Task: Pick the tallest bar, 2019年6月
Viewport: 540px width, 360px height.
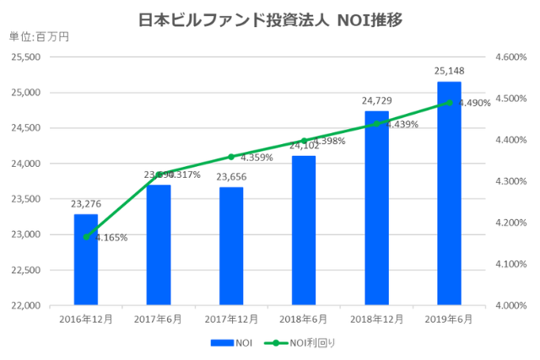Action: pos(449,194)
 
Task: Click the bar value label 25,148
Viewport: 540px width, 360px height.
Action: pos(449,71)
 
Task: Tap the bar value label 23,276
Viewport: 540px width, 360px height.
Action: pos(85,203)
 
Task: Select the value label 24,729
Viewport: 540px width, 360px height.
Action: pos(376,100)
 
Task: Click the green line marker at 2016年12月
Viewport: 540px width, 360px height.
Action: pos(85,237)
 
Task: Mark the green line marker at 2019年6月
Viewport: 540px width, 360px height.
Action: pos(449,103)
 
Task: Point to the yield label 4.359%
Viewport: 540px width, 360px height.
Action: pos(256,158)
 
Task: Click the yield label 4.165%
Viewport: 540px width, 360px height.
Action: pos(111,238)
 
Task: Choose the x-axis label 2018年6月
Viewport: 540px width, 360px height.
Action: pos(304,320)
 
